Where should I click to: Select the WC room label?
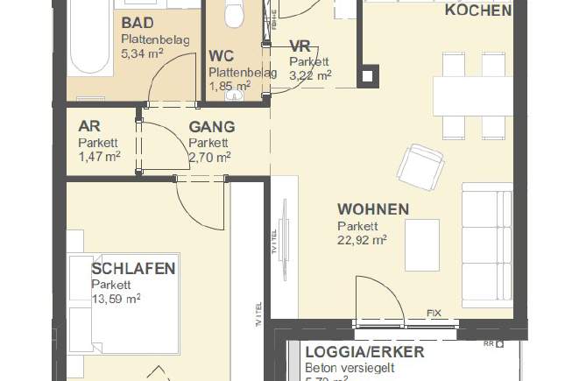point(222,56)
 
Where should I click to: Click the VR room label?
point(300,46)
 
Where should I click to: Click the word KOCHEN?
point(478,11)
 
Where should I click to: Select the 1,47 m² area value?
point(99,157)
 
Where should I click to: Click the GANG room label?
point(211,126)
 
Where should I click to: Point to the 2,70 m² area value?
point(209,157)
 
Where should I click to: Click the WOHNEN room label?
point(373,209)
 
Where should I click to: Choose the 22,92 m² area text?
point(363,239)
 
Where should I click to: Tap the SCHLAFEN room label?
point(133,269)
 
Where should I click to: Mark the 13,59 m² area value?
point(117,298)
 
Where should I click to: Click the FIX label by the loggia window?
point(433,313)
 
